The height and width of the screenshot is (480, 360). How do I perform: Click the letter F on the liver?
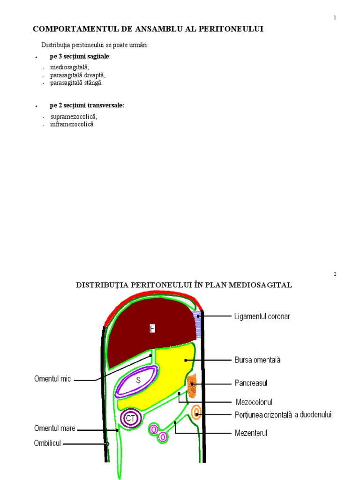(152, 329)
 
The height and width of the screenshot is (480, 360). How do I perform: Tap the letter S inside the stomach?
(138, 380)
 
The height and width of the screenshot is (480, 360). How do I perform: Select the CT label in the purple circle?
(130, 418)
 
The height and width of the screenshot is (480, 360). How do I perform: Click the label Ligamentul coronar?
(262, 316)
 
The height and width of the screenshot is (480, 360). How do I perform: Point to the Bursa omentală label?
(257, 360)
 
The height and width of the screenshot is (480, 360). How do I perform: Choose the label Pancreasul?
(251, 383)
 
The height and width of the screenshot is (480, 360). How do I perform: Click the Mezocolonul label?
(254, 402)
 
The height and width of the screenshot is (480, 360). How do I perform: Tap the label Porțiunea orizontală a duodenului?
(283, 415)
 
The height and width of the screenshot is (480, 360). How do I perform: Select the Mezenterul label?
(251, 433)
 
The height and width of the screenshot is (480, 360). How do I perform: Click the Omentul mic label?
(52, 379)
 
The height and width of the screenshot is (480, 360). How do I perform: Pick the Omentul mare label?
(54, 428)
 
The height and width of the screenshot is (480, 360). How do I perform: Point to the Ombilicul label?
(47, 443)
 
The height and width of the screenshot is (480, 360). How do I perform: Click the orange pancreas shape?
(191, 387)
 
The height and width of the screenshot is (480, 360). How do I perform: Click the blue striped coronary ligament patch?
(198, 323)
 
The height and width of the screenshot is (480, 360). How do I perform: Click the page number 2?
(335, 274)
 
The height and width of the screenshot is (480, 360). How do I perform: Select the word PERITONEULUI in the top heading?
(228, 29)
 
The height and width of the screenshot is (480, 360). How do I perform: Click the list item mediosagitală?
(69, 67)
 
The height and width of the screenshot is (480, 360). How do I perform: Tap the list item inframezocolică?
(72, 124)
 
